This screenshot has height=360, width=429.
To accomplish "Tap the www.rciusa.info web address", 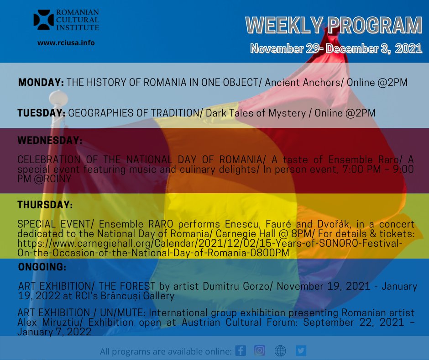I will click(x=66, y=42).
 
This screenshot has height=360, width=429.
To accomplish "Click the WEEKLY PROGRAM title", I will click(x=334, y=26).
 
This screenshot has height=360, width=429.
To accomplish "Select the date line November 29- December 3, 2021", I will click(x=336, y=49).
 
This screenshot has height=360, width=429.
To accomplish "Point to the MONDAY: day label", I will click(x=41, y=83).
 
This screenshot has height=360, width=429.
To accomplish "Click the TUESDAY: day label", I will click(x=42, y=113).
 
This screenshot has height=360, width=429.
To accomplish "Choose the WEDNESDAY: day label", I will click(x=50, y=141).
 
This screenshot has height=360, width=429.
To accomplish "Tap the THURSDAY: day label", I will click(x=45, y=205).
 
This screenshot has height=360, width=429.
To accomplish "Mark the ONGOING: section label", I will click(x=42, y=266).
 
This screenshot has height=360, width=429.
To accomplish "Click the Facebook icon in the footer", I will click(x=241, y=350).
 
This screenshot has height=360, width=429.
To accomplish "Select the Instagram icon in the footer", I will click(x=260, y=350).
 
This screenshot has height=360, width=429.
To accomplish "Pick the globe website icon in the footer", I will click(x=280, y=350).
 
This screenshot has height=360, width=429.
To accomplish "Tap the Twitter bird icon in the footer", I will click(x=301, y=350).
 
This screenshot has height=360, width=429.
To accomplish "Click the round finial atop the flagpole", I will click(x=58, y=97).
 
